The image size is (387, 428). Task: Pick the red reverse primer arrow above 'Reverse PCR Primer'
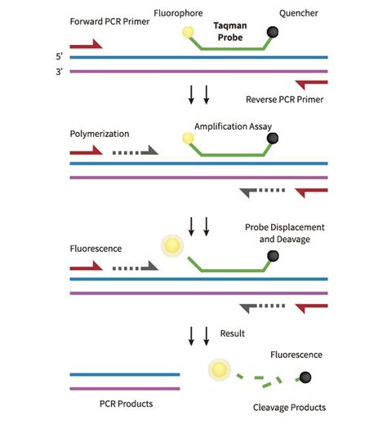click(x=312, y=85)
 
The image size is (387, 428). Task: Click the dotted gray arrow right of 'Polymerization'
click(x=134, y=151)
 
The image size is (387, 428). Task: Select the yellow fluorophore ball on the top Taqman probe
click(x=188, y=33)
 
